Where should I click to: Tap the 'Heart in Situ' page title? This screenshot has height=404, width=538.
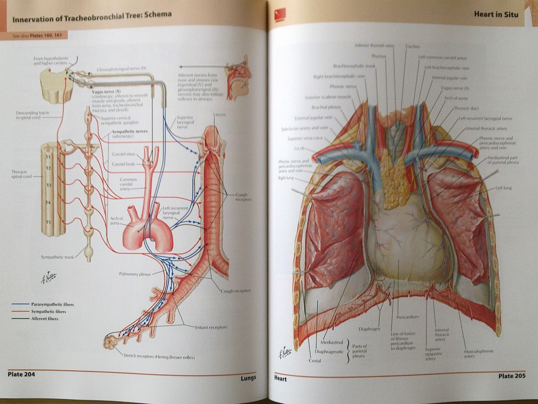[496, 14]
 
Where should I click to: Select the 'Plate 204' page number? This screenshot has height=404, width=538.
[21, 374]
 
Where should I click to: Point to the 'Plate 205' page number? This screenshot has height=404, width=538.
[512, 376]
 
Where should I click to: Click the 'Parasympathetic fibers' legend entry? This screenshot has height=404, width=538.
[52, 304]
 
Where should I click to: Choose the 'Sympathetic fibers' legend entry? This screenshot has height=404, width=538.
[48, 311]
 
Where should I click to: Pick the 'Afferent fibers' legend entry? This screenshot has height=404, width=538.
[44, 318]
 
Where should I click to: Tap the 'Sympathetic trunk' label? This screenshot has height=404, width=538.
[57, 257]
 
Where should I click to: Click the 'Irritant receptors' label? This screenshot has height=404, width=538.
[211, 327]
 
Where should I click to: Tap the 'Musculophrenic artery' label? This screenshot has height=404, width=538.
[479, 353]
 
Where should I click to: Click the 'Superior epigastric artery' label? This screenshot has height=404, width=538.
[433, 354]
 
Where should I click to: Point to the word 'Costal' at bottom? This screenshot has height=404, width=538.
[315, 361]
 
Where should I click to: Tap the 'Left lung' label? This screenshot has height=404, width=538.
[503, 188]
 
